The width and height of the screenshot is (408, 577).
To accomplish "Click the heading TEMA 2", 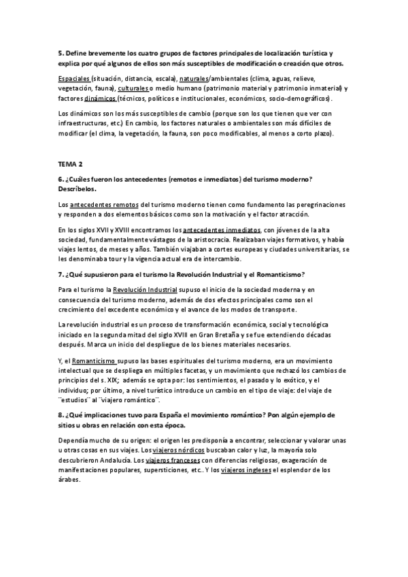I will point(71,165).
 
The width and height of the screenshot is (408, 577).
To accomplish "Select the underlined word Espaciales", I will point(74,78).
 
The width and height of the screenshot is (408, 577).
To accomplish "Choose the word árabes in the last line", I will point(71,479).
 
